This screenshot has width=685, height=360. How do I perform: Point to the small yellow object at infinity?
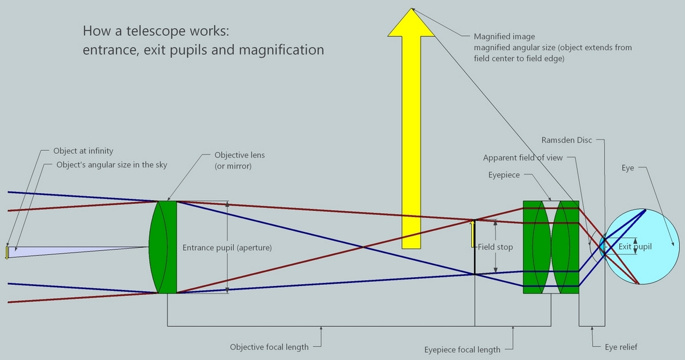pyautogui.click(x=7, y=252)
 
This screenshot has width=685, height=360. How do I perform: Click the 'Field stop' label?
pyautogui.click(x=495, y=247)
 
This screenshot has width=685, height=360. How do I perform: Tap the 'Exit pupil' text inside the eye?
pyautogui.click(x=635, y=247)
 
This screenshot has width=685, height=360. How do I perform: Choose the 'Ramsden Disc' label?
pyautogui.click(x=566, y=140)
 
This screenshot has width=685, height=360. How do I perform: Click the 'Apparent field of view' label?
pyautogui.click(x=523, y=158)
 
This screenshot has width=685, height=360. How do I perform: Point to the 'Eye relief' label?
pyautogui.click(x=621, y=347)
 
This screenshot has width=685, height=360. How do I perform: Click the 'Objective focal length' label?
pyautogui.click(x=269, y=347)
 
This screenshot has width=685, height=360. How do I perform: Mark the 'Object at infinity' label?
pyautogui.click(x=83, y=151)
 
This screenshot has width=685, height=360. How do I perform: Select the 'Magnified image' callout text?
pyautogui.click(x=504, y=36)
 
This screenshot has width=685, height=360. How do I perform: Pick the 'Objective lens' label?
pyautogui.click(x=239, y=155)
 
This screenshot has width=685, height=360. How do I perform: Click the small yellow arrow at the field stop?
pyautogui.click(x=473, y=233)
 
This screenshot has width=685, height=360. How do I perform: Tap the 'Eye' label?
pyautogui.click(x=628, y=168)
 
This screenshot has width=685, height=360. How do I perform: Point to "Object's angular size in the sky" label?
pyautogui.click(x=112, y=165)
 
